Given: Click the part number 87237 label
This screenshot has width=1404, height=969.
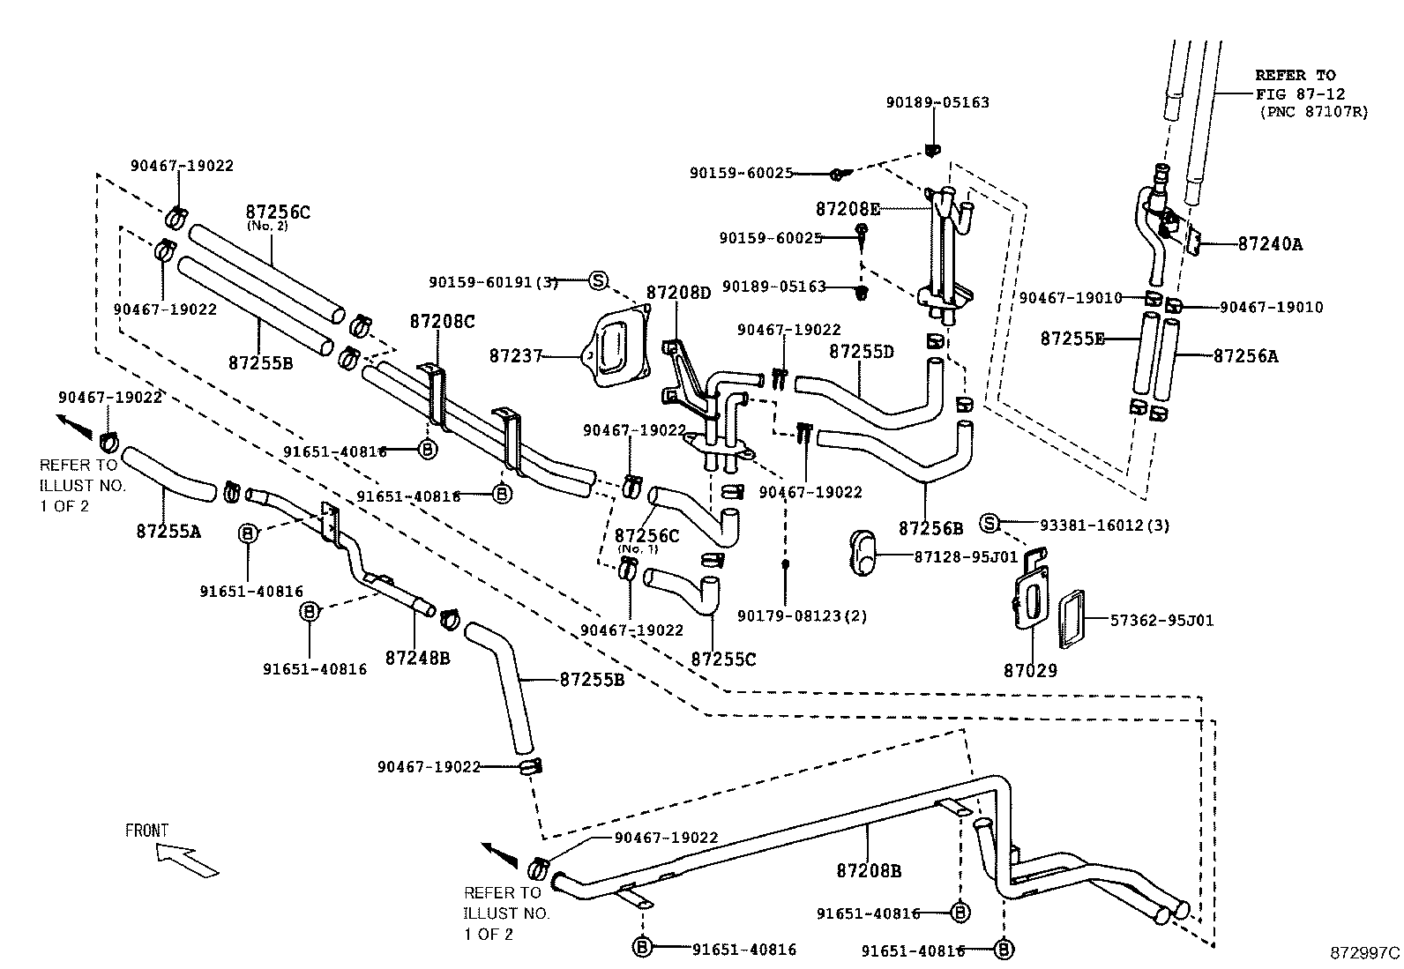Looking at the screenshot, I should tap(516, 355).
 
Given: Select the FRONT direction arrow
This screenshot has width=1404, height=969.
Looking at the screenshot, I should tap(185, 861).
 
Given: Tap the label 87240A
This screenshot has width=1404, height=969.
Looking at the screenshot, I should tap(1269, 244).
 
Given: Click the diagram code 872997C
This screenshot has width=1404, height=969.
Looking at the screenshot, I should tap(1364, 953).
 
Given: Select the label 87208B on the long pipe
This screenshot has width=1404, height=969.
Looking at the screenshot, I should tap(869, 871).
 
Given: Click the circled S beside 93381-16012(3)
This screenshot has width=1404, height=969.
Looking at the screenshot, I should tap(989, 524).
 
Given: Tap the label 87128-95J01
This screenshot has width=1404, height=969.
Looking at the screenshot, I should tap(966, 557).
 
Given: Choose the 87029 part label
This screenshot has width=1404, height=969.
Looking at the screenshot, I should tap(1029, 670).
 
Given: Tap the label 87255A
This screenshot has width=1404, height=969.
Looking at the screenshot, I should tap(168, 531).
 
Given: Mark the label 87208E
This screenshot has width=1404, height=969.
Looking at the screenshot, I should tap(848, 209).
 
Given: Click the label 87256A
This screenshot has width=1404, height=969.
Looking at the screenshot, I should tap(1245, 355).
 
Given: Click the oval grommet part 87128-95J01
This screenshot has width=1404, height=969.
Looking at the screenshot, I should tap(862, 552).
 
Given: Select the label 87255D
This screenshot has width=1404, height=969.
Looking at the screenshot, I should tap(861, 352).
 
